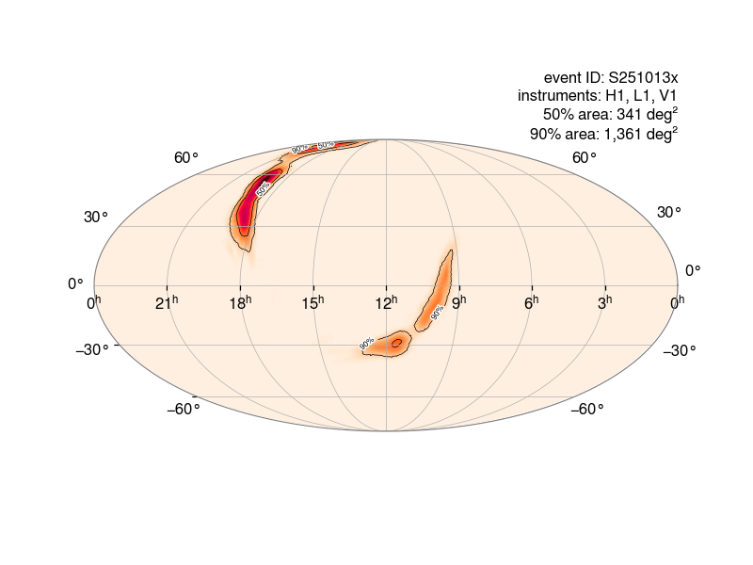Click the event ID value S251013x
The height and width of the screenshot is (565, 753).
click(645, 77)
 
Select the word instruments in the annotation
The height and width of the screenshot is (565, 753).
click(559, 96)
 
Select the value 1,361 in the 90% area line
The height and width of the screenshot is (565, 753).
click(622, 134)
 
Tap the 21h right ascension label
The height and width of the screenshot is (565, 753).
click(168, 302)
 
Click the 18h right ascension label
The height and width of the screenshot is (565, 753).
click(241, 302)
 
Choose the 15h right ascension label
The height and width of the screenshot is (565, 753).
click(313, 302)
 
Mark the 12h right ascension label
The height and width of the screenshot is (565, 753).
click(386, 302)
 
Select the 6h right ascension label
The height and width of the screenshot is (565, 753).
click(532, 302)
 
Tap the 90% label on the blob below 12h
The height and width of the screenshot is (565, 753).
click(367, 344)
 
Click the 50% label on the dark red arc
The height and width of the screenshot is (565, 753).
click(263, 187)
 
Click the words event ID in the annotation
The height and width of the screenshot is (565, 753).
click(570, 77)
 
